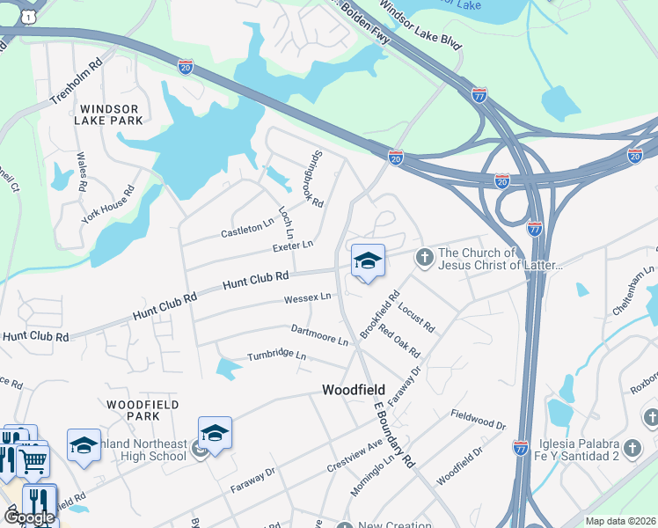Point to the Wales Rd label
tap(82, 172)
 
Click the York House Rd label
tap(107, 204)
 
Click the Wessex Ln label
tap(307, 298)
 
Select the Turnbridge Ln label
tap(276, 356)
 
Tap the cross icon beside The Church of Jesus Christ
tap(424, 256)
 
